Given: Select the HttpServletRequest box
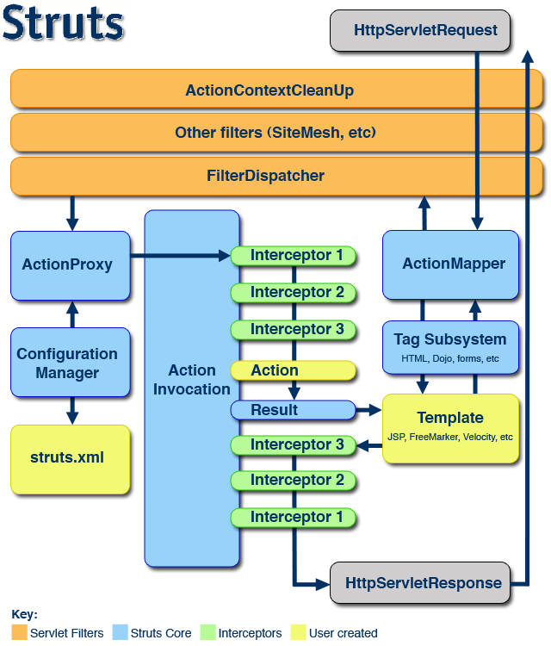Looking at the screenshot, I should [x=425, y=30].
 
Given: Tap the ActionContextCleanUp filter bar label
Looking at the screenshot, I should [x=269, y=90].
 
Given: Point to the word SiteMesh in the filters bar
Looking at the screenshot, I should [x=300, y=134].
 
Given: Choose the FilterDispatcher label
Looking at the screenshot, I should [x=265, y=176].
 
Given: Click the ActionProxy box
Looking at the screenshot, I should [x=67, y=264].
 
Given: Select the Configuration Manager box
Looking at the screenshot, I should [x=67, y=363].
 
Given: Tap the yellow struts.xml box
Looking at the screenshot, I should [x=67, y=457].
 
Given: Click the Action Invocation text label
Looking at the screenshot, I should [x=192, y=380].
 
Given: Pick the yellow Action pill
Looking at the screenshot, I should [x=293, y=370].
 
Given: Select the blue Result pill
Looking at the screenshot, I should [x=293, y=410].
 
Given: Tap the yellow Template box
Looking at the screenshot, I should [x=450, y=427].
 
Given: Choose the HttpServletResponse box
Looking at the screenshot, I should [x=423, y=583].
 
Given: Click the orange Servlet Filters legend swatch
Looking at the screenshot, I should [x=19, y=633].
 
